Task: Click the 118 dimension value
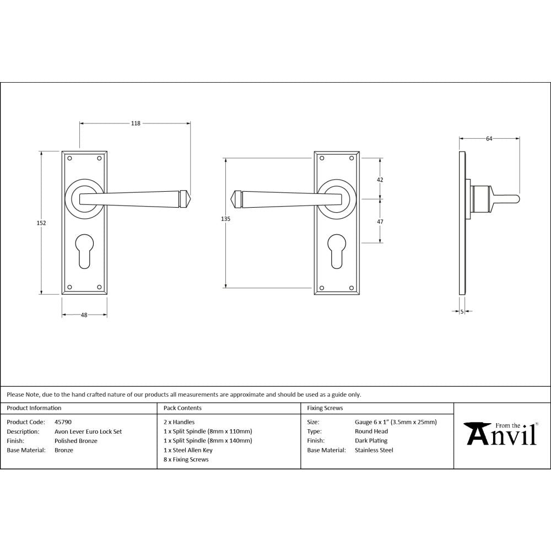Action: (135, 123)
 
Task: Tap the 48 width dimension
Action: (84, 315)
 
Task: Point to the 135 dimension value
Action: (225, 219)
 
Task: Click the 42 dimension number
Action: (380, 180)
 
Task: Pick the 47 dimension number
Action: (380, 221)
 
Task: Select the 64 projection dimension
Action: (489, 139)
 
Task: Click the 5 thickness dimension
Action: (462, 312)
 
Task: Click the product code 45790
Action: (63, 422)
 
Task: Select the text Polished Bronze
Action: (76, 441)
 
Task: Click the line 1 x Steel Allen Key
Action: (188, 450)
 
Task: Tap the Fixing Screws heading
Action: (325, 408)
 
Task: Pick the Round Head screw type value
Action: (371, 431)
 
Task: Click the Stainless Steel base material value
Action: (374, 450)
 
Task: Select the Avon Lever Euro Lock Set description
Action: (88, 431)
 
